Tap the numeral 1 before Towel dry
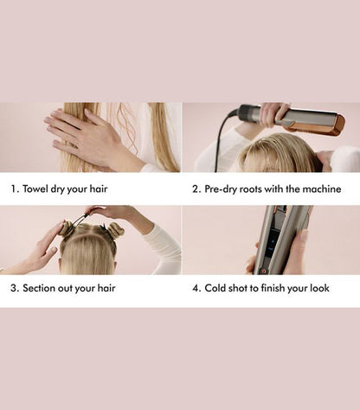(x=15, y=189)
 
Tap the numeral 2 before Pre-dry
(x=196, y=189)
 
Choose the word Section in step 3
(x=47, y=288)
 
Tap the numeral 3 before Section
(x=15, y=288)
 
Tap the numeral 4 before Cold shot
(x=196, y=288)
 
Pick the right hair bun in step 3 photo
(x=116, y=230)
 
